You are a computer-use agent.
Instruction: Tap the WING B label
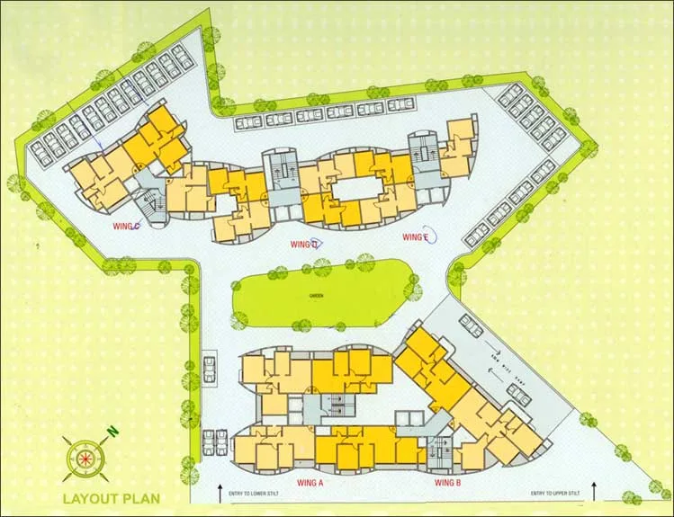(x=448, y=483)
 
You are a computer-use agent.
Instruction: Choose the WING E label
(x=415, y=237)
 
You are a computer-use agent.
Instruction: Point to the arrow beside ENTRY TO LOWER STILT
(x=220, y=492)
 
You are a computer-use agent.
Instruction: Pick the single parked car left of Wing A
(x=210, y=368)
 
